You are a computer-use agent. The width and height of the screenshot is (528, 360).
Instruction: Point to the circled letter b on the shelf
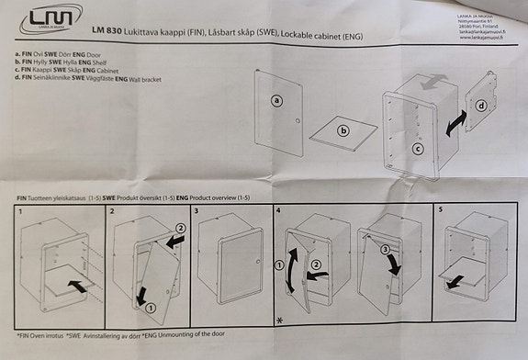click(x=343, y=131)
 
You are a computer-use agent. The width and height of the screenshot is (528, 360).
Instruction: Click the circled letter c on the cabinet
click(x=417, y=147)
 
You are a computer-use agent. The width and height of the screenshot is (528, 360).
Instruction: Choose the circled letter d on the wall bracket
click(x=482, y=107)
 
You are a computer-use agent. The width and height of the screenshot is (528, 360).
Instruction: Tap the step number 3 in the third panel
click(x=197, y=212)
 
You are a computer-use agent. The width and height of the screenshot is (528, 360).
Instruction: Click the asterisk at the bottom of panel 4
click(x=280, y=320)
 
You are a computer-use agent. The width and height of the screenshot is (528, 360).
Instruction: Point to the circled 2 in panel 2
click(x=181, y=228)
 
